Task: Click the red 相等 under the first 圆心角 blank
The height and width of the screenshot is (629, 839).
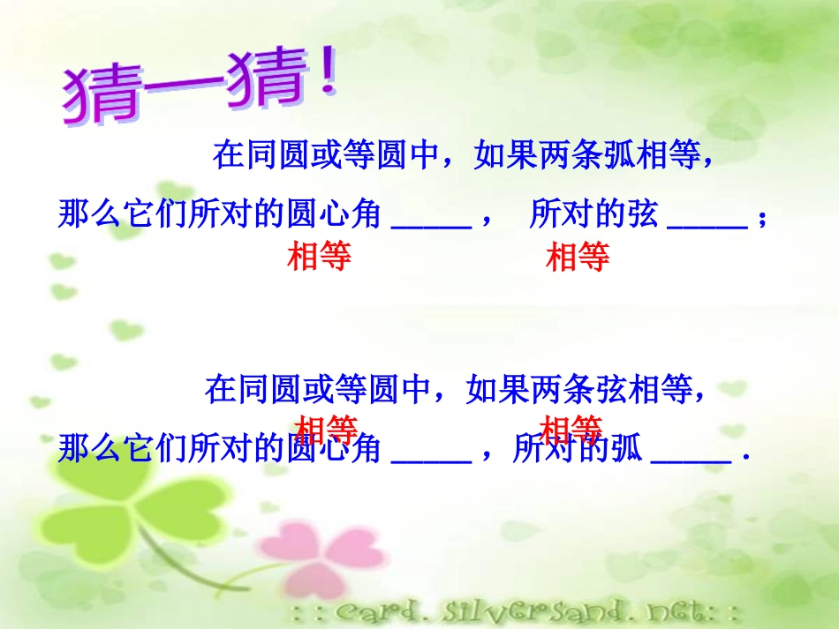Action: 320,257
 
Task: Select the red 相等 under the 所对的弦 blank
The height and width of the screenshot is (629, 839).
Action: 578,258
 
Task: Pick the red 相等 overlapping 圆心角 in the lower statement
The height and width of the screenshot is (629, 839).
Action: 327,429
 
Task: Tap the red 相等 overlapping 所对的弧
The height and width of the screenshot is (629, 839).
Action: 571,429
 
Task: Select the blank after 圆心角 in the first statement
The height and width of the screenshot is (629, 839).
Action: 431,226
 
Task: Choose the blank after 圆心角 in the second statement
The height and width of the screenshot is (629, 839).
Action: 431,460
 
